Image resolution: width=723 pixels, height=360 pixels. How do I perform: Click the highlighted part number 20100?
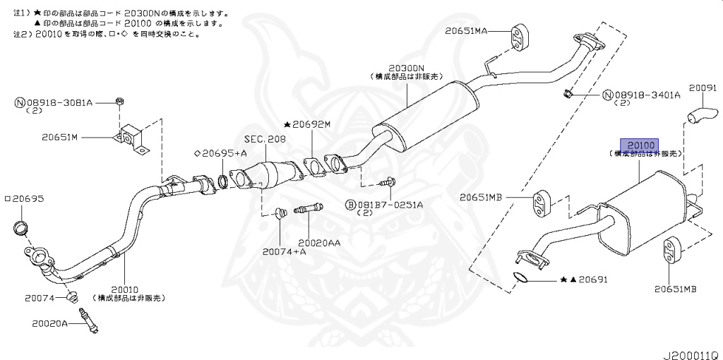[638, 144]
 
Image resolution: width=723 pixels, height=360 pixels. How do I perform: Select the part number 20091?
[703, 88]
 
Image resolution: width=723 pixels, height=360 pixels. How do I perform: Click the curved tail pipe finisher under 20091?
[700, 115]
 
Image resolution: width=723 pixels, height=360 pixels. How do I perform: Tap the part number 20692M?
[311, 124]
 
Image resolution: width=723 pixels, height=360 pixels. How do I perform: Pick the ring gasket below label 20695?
[22, 228]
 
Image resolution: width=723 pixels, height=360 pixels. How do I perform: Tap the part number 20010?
[127, 289]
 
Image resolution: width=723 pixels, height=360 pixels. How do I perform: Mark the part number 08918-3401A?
[646, 95]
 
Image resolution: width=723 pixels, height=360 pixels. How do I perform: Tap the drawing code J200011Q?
[690, 349]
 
